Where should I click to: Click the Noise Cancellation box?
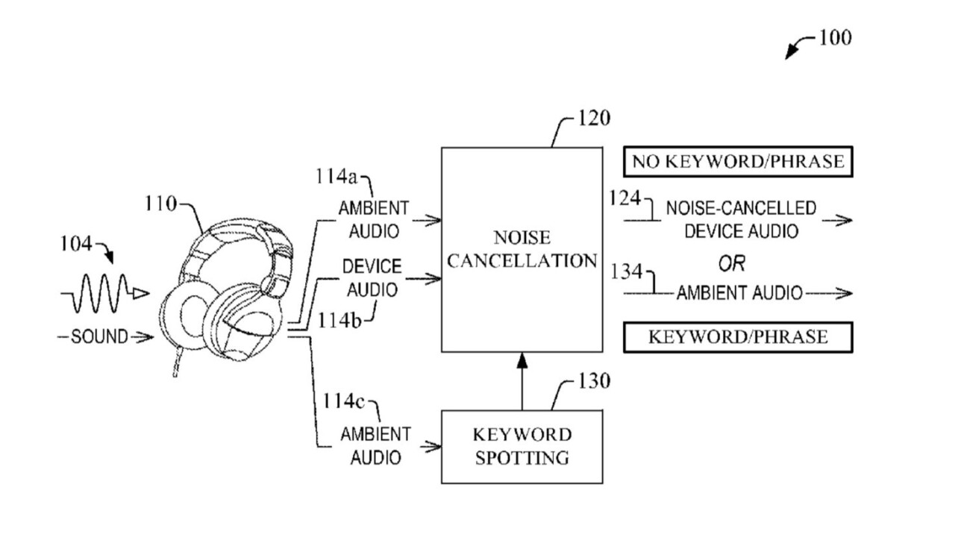[522, 249]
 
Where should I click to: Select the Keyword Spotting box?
[522, 445]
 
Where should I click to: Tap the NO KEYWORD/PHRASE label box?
[737, 160]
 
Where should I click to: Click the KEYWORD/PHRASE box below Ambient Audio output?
[737, 336]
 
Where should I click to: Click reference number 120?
[594, 118]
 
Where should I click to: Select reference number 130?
[594, 382]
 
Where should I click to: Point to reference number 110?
[163, 203]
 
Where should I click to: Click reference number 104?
[77, 242]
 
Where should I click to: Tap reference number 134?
[627, 272]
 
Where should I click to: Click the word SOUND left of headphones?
[99, 337]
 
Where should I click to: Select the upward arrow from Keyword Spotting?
[522, 380]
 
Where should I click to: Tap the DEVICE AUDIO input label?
[372, 277]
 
